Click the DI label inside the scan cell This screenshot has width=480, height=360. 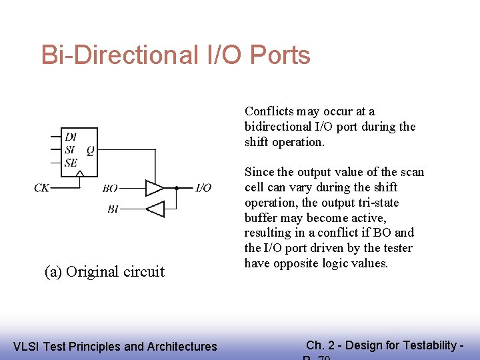tap(71, 137)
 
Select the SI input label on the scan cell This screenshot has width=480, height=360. tap(70, 149)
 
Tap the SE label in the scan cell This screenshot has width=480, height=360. tap(71, 162)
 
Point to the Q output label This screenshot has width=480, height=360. tap(90, 149)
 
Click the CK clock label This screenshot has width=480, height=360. tap(41, 189)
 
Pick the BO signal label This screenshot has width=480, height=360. tap(110, 189)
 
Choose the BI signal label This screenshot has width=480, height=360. tap(113, 209)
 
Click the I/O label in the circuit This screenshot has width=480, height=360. tap(203, 189)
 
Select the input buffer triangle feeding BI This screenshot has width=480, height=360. tap(155, 209)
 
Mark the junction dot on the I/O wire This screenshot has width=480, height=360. tap(176, 188)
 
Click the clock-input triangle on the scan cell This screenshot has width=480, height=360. tap(79, 175)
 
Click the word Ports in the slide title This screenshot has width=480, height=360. tap(280, 55)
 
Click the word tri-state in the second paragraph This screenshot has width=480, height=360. tap(361, 202)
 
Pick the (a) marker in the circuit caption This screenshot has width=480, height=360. tap(53, 272)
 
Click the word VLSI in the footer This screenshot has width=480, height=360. tap(27, 346)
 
